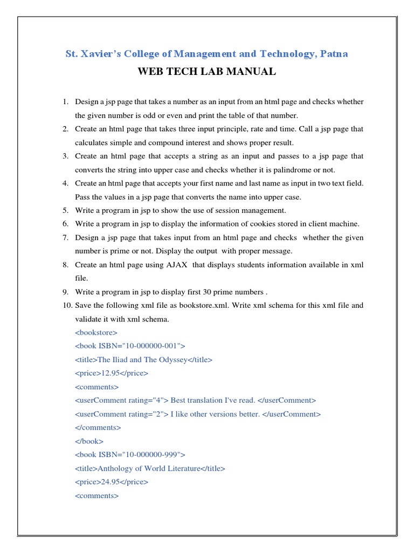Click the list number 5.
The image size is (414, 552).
pyautogui.click(x=65, y=210)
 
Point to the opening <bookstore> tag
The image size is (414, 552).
pyautogui.click(x=95, y=332)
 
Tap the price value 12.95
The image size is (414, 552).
pyautogui.click(x=111, y=373)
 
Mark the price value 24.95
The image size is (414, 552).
pyautogui.click(x=111, y=482)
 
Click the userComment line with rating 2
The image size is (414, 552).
pyautogui.click(x=197, y=414)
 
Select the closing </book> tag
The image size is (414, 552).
pyautogui.click(x=89, y=441)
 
